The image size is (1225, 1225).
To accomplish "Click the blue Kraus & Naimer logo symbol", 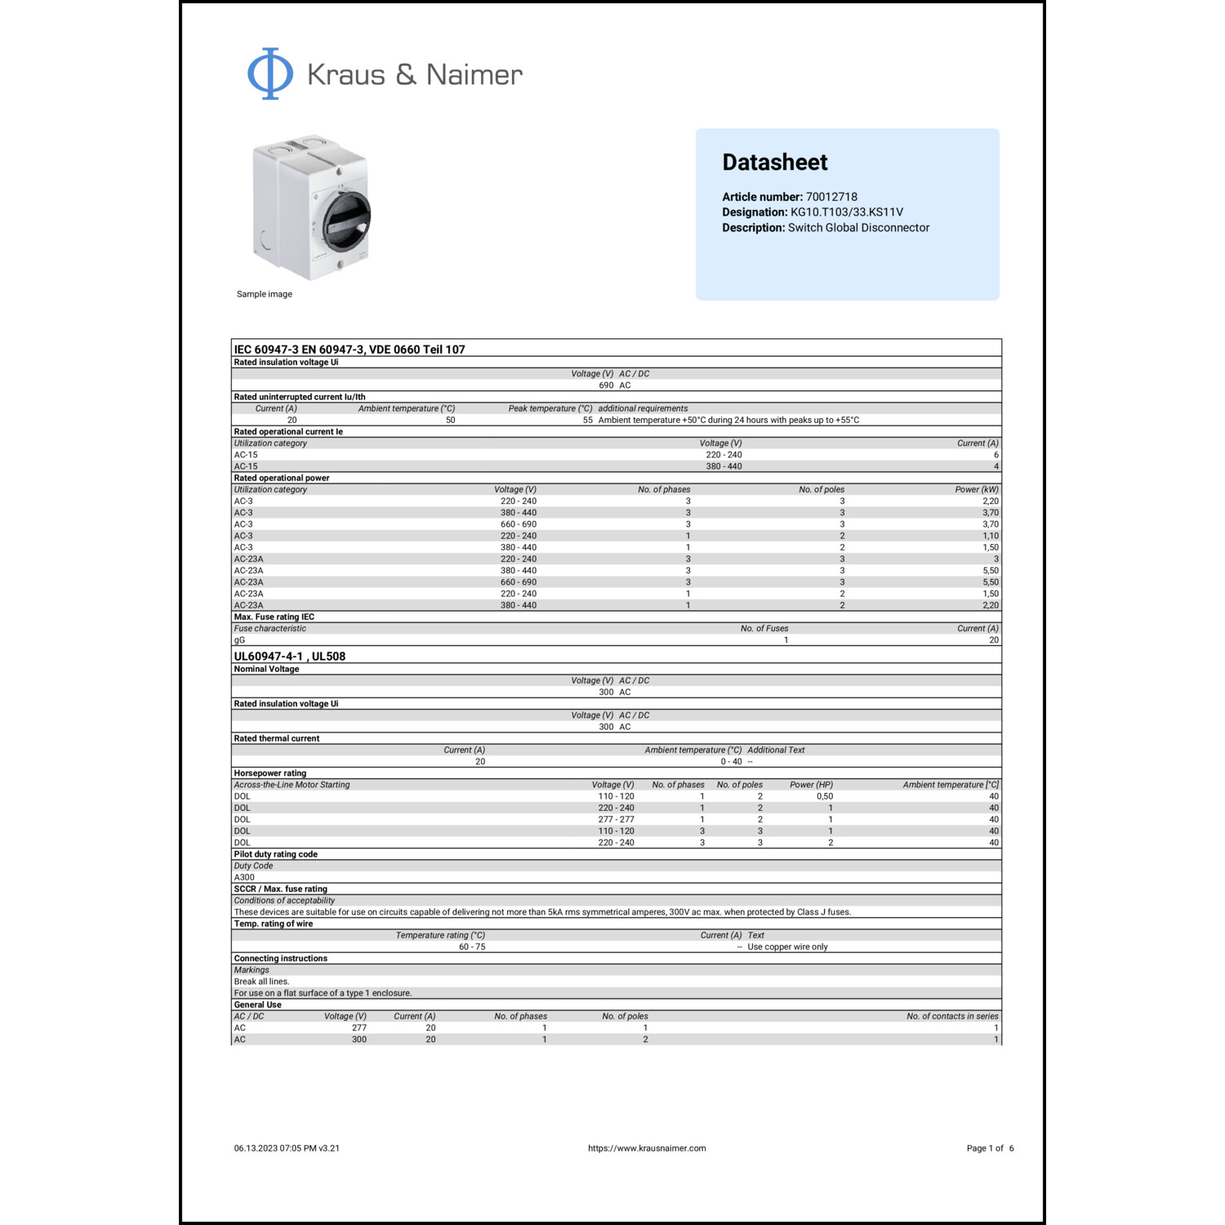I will [270, 73].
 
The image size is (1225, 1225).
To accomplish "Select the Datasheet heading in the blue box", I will [774, 163].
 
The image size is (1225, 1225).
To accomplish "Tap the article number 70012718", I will [831, 197].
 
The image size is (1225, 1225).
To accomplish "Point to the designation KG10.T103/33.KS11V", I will [846, 212].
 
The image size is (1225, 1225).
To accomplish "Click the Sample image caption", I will [264, 294].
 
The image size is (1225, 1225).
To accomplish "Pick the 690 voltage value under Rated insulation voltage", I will [606, 385].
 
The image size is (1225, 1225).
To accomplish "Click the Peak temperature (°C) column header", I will [550, 408].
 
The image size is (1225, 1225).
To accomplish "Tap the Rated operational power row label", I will [282, 478].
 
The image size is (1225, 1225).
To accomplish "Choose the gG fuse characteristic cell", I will [239, 640].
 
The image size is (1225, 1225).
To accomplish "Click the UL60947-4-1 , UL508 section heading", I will [290, 657].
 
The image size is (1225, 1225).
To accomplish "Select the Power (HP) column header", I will [811, 785].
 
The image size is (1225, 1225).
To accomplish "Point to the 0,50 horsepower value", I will [824, 796].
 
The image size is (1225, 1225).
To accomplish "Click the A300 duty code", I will [244, 878].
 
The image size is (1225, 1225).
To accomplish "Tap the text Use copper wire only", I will [787, 947].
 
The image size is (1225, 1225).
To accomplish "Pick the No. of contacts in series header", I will [952, 1017].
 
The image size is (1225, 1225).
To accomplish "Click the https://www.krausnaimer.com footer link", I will [647, 1148].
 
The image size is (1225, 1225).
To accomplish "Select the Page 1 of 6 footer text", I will [990, 1148].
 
